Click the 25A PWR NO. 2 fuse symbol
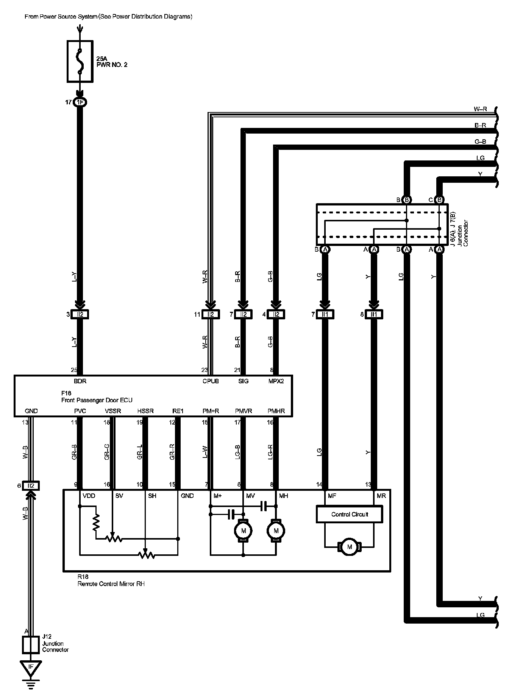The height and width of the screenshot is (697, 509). pos(80,61)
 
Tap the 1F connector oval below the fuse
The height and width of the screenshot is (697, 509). pos(80,102)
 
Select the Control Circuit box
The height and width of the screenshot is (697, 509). pos(349,514)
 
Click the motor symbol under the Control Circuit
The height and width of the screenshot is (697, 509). pos(349,546)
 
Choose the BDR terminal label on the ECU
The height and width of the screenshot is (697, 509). pos(80,381)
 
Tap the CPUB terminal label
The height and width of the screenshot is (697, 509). pos(211,381)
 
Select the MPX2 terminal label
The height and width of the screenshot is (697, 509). pos(276,381)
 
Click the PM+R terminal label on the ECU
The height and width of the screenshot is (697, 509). pos(211,411)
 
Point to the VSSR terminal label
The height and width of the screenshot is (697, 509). pos(112,411)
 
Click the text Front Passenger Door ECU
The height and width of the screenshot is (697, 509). pos(97,400)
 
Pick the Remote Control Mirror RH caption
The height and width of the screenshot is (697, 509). pos(111,584)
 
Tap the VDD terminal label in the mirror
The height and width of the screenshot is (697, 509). pos(89,496)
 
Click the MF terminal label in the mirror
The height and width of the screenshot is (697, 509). pos(332,496)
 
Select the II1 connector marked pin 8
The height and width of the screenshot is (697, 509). pos(374,314)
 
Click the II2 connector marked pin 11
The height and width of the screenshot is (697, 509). pos(211,314)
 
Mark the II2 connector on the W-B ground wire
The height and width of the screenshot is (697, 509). pos(31,485)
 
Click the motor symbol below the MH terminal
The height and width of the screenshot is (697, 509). pos(276,531)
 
